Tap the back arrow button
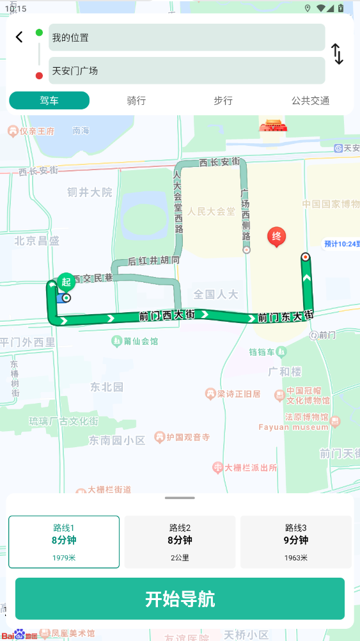(19, 37)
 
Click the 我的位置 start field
(187, 38)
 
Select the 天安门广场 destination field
(187, 70)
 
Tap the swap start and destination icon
(338, 54)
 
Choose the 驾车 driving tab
(49, 100)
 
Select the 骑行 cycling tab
(136, 100)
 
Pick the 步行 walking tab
(223, 100)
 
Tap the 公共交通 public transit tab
(310, 100)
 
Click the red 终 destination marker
(276, 237)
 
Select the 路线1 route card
(64, 542)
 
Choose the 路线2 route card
(180, 542)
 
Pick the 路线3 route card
(296, 542)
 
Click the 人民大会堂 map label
(212, 211)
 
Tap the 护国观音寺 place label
(187, 438)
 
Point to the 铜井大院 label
(90, 192)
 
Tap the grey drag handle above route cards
(180, 498)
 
